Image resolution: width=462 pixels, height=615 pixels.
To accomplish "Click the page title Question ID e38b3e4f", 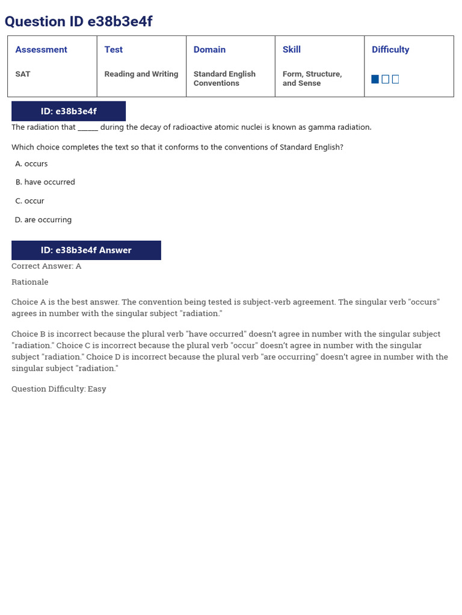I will (78, 22).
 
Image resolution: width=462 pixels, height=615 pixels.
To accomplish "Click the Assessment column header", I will (41, 50).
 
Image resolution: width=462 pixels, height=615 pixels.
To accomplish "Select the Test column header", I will (113, 50).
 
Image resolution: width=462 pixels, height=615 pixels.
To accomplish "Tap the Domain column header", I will (209, 50).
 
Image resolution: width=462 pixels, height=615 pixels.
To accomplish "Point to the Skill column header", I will (291, 50).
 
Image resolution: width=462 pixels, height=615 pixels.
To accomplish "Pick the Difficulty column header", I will (390, 50).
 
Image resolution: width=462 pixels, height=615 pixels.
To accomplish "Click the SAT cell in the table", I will (23, 74).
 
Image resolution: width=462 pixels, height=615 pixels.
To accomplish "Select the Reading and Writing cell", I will (141, 74).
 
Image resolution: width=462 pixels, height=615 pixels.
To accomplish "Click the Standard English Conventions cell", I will (224, 79).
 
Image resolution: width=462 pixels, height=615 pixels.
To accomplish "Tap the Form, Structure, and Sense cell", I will (312, 79).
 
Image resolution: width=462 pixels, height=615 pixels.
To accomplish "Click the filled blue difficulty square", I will (375, 79).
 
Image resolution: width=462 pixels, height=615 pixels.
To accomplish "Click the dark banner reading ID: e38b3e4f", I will (69, 111).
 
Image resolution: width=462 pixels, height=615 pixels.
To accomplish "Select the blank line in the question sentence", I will (88, 127).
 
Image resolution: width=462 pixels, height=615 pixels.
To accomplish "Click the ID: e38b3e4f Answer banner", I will (86, 250).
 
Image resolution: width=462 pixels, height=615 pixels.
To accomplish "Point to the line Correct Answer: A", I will (46, 266).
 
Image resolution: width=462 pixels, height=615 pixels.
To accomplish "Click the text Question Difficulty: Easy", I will (58, 389).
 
